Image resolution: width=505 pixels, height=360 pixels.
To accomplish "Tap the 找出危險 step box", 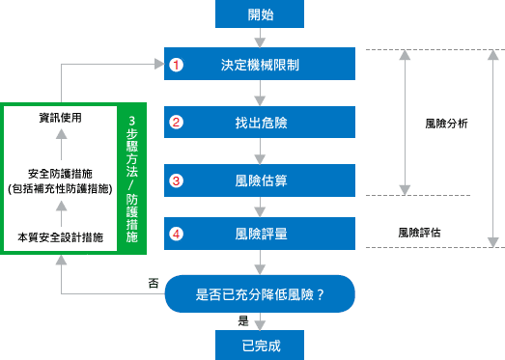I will point(261,123).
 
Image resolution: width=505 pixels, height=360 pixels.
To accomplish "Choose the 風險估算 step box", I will point(261,180).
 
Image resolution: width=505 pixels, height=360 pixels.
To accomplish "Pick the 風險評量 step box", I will point(261,234).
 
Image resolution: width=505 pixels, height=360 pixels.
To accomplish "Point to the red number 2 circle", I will point(176,123).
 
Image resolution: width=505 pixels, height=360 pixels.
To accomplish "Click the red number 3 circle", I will point(176,180).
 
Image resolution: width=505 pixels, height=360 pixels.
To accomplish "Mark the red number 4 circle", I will point(176,234).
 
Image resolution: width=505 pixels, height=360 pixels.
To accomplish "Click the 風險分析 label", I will point(446,124).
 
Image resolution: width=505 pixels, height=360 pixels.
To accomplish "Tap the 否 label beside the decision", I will point(153,284).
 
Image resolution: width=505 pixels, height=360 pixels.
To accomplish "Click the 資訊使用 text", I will point(60,118).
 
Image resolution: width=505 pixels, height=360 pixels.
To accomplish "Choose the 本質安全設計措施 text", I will point(60,235).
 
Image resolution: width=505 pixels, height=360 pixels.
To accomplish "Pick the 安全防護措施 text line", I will point(60,173).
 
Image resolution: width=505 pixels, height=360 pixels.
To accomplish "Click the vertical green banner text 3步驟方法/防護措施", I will point(132,178).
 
